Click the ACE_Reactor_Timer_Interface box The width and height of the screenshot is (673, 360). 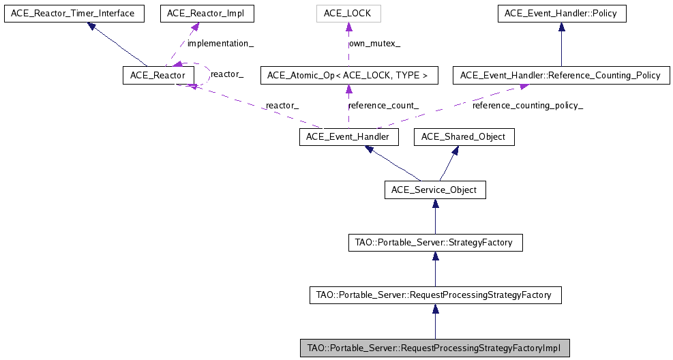[x=74, y=13]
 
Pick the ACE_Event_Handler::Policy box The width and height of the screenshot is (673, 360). [x=561, y=13]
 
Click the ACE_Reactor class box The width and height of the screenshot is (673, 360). [x=153, y=75]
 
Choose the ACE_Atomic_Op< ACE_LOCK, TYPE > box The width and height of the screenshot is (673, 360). [x=348, y=75]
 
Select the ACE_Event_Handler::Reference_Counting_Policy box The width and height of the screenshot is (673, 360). [x=561, y=75]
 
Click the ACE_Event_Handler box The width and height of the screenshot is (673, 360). [x=348, y=137]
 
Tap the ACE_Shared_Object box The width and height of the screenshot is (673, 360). [x=464, y=137]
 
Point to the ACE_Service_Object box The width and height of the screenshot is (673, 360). [x=435, y=190]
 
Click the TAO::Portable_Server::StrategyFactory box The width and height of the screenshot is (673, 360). [x=435, y=242]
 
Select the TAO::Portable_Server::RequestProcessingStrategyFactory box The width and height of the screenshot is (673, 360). [x=435, y=295]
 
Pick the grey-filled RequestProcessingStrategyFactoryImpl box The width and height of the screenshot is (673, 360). [x=435, y=348]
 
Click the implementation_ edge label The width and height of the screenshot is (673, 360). [x=220, y=44]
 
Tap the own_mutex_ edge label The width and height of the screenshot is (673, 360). [x=374, y=44]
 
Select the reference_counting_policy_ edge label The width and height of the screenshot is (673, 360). [x=528, y=106]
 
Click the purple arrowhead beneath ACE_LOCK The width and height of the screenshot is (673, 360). [x=348, y=27]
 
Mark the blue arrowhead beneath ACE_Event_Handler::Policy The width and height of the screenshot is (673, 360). [x=561, y=27]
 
